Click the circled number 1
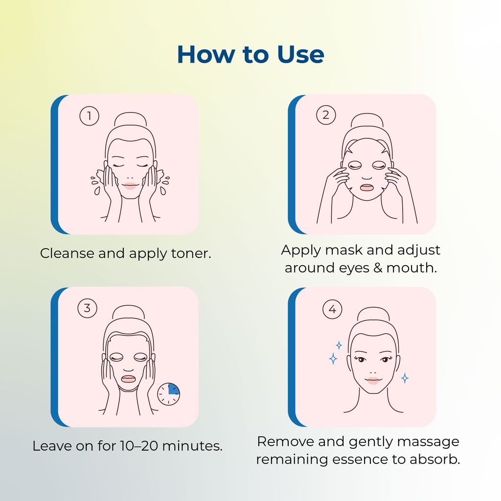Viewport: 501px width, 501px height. (x=89, y=116)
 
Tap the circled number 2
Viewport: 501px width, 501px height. (x=326, y=115)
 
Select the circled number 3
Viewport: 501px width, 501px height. (x=88, y=308)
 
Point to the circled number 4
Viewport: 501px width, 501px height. (x=332, y=309)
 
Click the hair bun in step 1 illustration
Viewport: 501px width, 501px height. (x=130, y=120)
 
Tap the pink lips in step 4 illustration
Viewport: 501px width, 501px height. (x=373, y=380)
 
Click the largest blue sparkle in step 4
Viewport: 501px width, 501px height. (x=333, y=359)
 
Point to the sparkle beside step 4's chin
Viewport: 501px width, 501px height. (x=405, y=378)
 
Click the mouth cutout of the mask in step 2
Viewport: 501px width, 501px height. (x=366, y=187)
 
